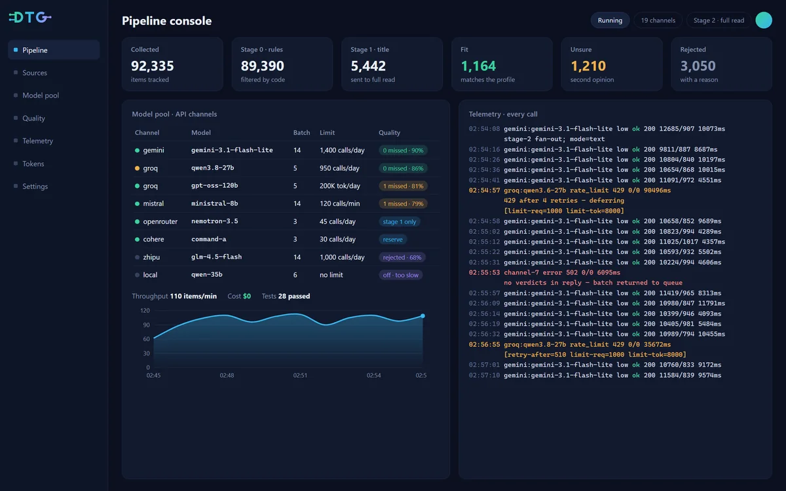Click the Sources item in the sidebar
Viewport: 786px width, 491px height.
coord(34,73)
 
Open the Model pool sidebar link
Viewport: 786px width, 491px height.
coord(41,96)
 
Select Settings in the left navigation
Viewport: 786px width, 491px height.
coord(35,186)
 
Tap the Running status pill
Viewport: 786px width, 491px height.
coord(610,20)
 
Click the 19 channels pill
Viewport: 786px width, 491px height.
coord(658,20)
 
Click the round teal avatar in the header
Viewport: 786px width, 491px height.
coord(764,20)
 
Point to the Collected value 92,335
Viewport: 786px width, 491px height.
coord(152,66)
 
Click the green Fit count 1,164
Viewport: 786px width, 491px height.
coord(478,66)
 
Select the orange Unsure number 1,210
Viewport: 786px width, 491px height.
coord(588,66)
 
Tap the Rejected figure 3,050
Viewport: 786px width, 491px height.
coord(698,66)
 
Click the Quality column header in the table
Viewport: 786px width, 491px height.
coord(389,132)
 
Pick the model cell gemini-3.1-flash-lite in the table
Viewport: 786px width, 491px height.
coord(232,150)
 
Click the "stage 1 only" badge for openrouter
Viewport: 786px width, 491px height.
coord(400,222)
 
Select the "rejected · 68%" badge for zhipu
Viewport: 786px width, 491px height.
coord(402,257)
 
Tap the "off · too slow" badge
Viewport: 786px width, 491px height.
coord(400,275)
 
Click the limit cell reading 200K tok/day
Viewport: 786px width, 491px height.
coord(340,186)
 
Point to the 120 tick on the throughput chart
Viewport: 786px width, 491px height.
coord(145,311)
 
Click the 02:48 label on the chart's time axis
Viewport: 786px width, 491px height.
coord(227,375)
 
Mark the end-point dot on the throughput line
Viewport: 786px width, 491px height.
coord(423,316)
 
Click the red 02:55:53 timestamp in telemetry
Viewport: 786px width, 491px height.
coord(484,272)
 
